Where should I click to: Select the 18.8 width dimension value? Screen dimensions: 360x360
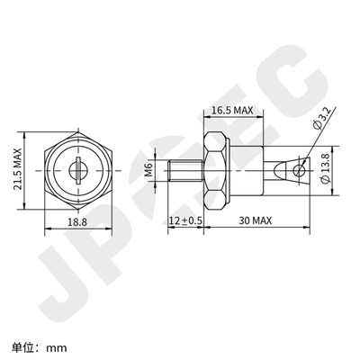(x=78, y=222)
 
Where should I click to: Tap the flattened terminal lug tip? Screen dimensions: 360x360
(x=296, y=168)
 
